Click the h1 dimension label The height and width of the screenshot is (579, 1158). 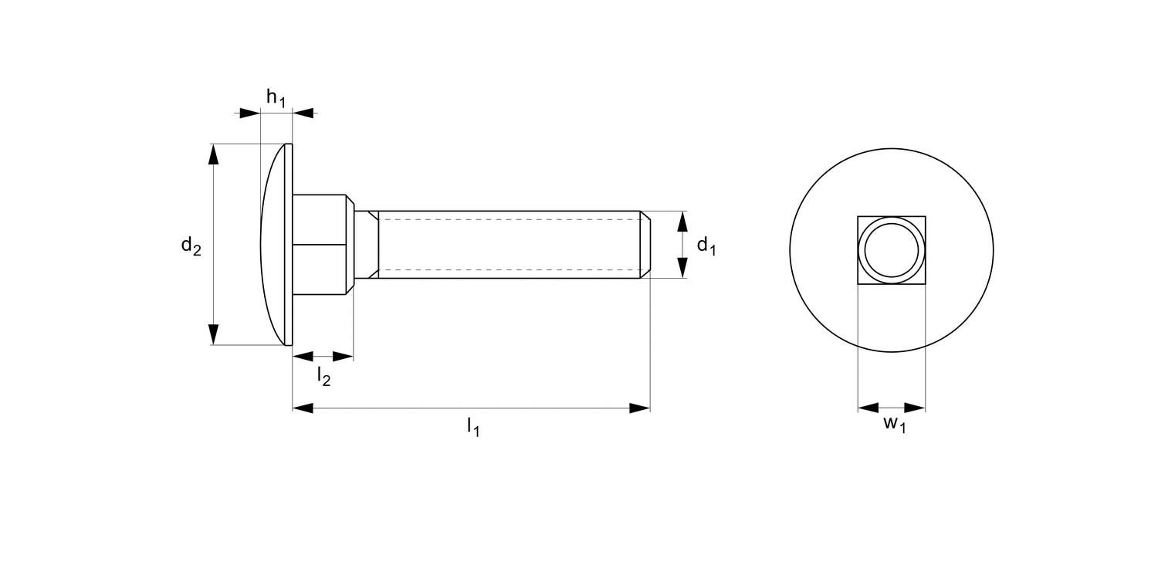pyautogui.click(x=276, y=97)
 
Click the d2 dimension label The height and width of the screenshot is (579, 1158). pyautogui.click(x=191, y=245)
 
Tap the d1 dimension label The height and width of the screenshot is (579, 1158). pyautogui.click(x=706, y=245)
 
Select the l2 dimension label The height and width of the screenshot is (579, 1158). pyautogui.click(x=324, y=376)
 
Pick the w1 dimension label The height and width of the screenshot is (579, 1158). pyautogui.click(x=894, y=424)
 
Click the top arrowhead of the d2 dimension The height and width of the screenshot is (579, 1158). pyautogui.click(x=214, y=154)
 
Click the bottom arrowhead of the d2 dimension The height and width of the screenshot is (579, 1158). pyautogui.click(x=214, y=334)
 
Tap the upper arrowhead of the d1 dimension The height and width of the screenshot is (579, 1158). pyautogui.click(x=682, y=221)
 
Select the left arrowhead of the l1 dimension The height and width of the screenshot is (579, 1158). pyautogui.click(x=303, y=408)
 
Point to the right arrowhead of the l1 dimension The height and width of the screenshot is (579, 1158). pyautogui.click(x=639, y=408)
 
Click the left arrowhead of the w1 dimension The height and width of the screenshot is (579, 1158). pyautogui.click(x=868, y=408)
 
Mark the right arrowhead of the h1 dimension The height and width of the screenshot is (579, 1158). pyautogui.click(x=303, y=113)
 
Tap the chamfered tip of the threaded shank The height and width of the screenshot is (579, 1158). pyautogui.click(x=645, y=244)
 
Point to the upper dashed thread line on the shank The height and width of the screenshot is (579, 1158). pyautogui.click(x=510, y=219)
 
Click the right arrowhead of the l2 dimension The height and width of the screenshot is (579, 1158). pyautogui.click(x=343, y=357)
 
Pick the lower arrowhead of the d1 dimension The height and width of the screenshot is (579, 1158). pyautogui.click(x=682, y=267)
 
